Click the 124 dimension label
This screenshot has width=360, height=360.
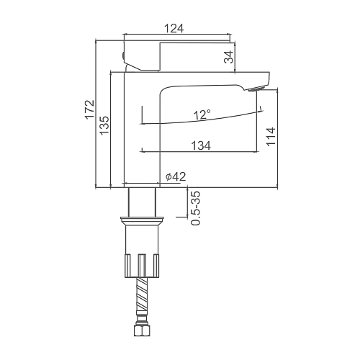tap(174, 29)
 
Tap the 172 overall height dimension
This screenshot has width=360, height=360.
tap(90, 109)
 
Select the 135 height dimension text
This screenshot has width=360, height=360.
tap(104, 125)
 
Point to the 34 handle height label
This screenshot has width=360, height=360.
tap(229, 57)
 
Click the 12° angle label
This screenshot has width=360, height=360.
tap(203, 114)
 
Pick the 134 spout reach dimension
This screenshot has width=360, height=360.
tap(201, 145)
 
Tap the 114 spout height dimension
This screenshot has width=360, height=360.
tap(271, 136)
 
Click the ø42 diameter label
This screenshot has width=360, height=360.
tap(176, 176)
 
